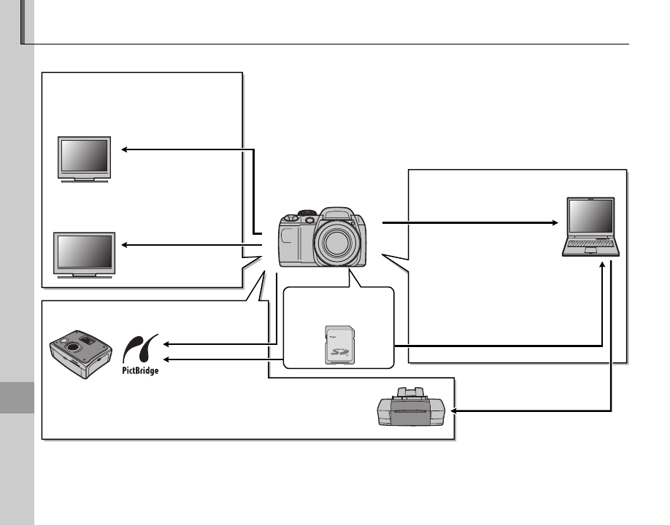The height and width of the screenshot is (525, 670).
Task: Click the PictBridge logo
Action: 140,354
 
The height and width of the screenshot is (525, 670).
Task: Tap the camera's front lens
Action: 337,244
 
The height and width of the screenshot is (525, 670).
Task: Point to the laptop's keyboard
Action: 591,247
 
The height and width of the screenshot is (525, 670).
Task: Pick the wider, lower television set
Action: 84,252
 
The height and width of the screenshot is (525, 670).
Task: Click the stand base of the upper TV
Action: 84,180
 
